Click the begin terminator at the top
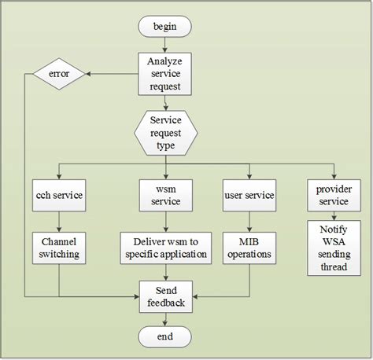[x=165, y=27]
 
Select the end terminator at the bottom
[x=165, y=336]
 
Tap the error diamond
[x=59, y=75]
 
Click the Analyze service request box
[x=165, y=75]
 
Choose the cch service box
[x=59, y=195]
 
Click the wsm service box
[x=165, y=195]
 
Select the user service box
[x=249, y=195]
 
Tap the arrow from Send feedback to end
[x=165, y=319]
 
